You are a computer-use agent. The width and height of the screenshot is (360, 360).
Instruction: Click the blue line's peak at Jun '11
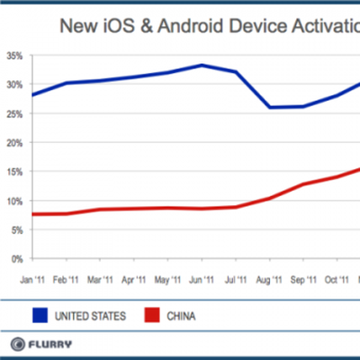coord(202,65)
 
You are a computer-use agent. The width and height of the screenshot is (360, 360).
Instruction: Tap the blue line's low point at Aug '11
coord(268,107)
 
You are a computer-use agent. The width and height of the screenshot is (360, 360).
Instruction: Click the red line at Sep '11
coord(302,184)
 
